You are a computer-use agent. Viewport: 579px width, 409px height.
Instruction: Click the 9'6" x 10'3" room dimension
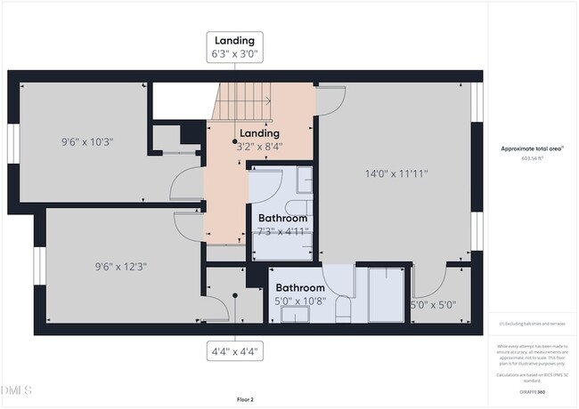tap(87, 140)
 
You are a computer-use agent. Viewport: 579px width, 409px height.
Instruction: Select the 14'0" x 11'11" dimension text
tap(395, 173)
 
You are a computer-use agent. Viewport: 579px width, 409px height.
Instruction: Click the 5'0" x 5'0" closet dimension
tap(433, 304)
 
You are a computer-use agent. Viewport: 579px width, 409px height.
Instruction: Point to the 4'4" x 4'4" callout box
tap(235, 350)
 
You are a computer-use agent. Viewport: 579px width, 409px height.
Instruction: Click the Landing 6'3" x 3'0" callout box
tap(235, 46)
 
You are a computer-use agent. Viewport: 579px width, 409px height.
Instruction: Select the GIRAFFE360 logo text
tap(532, 391)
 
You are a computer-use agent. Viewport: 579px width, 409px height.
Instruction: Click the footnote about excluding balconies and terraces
tap(532, 324)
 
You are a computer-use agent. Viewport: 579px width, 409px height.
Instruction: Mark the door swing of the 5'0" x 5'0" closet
tap(428, 283)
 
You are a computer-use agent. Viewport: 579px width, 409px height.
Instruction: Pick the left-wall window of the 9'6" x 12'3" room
tap(39, 266)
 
